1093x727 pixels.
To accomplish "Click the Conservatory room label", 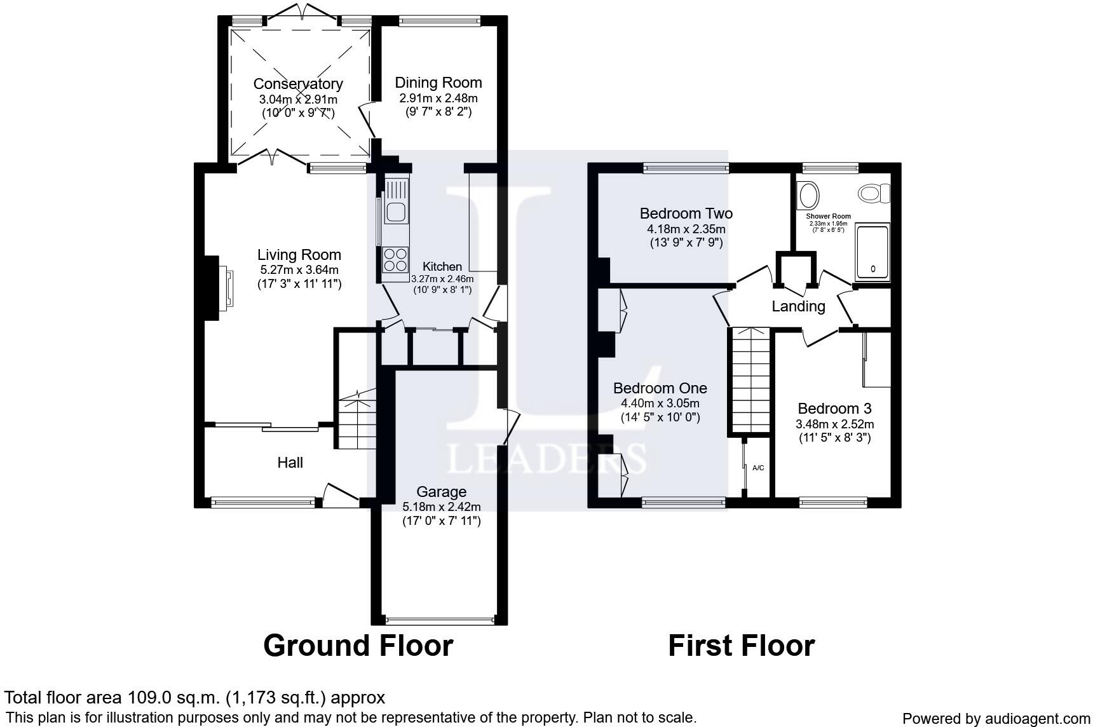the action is point(298,84).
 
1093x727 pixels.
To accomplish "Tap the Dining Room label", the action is point(438,83).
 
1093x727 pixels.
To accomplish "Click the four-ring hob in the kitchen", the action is point(395,259).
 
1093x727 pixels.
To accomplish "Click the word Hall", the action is point(290,463).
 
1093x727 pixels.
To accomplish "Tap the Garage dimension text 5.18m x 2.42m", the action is point(442,506).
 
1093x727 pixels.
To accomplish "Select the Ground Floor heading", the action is point(358,645).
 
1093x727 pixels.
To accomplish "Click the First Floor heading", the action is point(741,645).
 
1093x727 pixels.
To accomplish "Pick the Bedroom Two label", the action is point(686,214).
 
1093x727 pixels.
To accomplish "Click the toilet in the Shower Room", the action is point(874,193).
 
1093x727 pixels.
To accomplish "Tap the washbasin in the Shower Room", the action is point(809,195).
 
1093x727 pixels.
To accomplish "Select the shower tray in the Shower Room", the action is point(873,252).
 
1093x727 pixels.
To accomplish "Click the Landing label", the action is point(798,306).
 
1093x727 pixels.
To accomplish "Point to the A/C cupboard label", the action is point(758,468).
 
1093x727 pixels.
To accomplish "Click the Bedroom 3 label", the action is point(834,409).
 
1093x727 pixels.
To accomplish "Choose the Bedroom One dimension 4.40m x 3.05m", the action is point(660,404).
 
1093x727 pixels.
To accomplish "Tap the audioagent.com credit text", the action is point(996,718).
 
